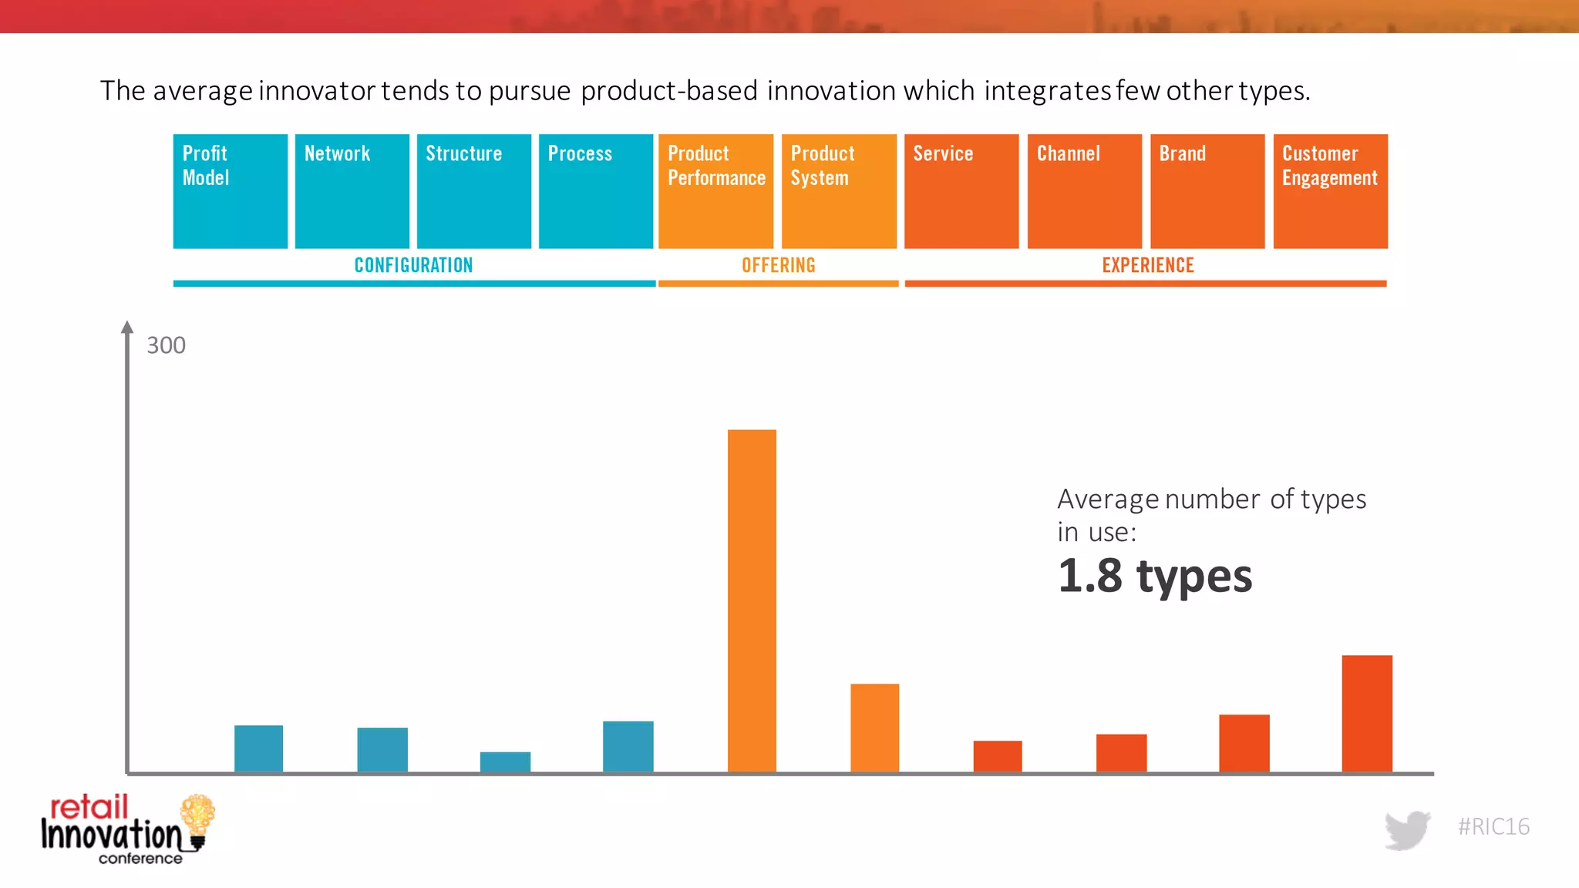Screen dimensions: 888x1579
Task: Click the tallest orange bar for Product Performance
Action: tap(752, 601)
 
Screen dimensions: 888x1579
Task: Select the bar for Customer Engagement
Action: tap(1367, 713)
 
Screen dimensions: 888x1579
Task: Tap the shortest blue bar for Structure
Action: tap(505, 762)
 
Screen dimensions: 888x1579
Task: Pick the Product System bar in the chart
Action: tap(874, 728)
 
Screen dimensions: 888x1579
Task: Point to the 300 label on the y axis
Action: tap(166, 345)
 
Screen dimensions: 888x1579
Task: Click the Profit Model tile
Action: tap(231, 191)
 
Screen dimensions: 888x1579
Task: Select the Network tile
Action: tap(352, 191)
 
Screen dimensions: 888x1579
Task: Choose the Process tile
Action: tap(596, 191)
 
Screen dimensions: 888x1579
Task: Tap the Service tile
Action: tap(961, 191)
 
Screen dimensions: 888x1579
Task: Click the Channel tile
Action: tap(1084, 191)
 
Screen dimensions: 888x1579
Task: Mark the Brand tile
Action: tap(1207, 191)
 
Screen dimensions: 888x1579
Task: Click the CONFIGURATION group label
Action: tap(413, 265)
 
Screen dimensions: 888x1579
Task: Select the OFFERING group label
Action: tap(778, 265)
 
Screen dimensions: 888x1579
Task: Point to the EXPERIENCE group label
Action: tap(1147, 265)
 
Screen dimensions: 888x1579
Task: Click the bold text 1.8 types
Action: tap(1154, 577)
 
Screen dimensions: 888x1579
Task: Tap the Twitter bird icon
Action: tap(1407, 829)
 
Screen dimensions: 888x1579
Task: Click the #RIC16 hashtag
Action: tap(1493, 826)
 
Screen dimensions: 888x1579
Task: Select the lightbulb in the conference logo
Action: tap(197, 819)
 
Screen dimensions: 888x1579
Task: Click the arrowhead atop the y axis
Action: tap(127, 327)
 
